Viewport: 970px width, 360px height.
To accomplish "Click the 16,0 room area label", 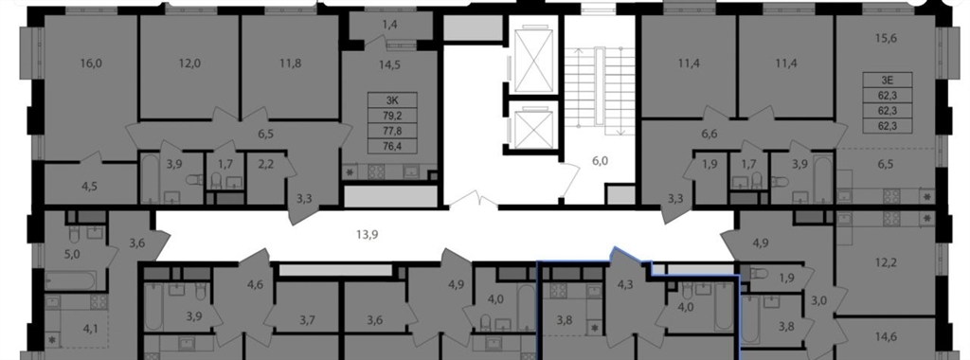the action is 90,63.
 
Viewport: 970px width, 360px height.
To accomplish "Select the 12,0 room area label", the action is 189,63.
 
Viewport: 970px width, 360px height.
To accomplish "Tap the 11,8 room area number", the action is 290,63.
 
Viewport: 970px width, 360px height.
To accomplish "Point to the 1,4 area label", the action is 388,25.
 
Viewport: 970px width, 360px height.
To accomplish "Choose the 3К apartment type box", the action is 392,100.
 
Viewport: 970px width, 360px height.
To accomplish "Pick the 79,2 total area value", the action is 392,116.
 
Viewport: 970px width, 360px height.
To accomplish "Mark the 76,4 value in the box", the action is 392,146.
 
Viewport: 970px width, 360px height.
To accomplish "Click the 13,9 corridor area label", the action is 367,234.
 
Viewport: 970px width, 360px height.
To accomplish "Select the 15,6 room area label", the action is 886,38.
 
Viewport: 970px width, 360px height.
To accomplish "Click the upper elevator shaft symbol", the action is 532,60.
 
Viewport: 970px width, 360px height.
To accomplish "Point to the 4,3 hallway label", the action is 625,286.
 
